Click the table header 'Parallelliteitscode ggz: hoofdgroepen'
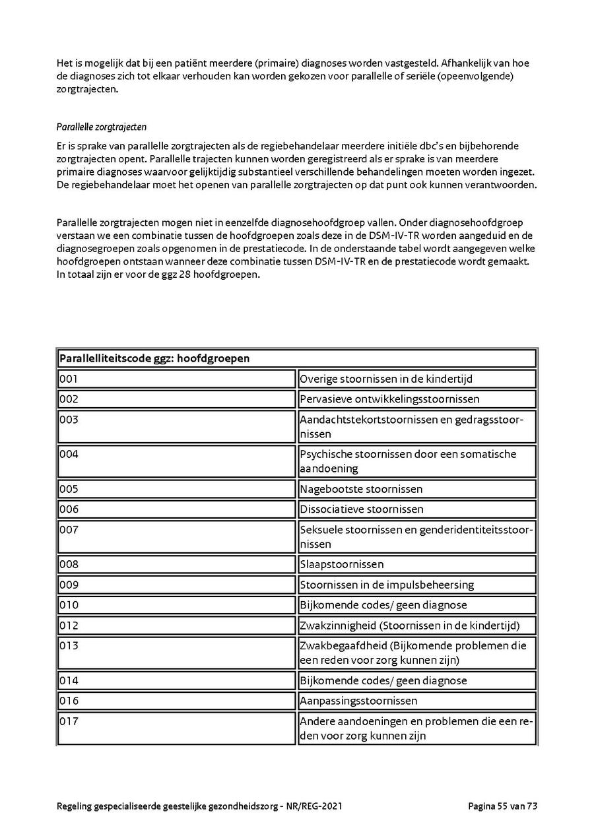point(155,358)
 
